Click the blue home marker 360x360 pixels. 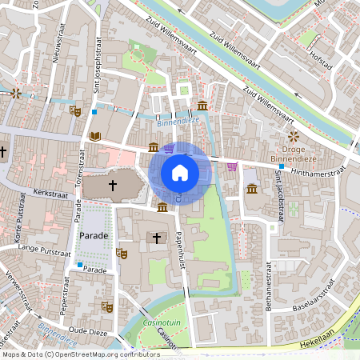[x=180, y=173]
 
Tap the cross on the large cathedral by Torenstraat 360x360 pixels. [x=113, y=186]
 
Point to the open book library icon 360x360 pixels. [x=95, y=137]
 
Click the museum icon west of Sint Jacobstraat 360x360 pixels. [x=252, y=189]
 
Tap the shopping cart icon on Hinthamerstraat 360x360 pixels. [x=232, y=166]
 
